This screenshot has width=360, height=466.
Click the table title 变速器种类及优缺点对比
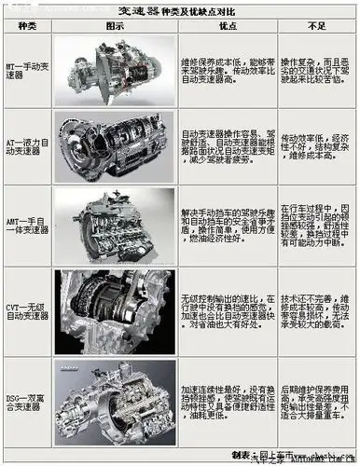pos(180,12)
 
